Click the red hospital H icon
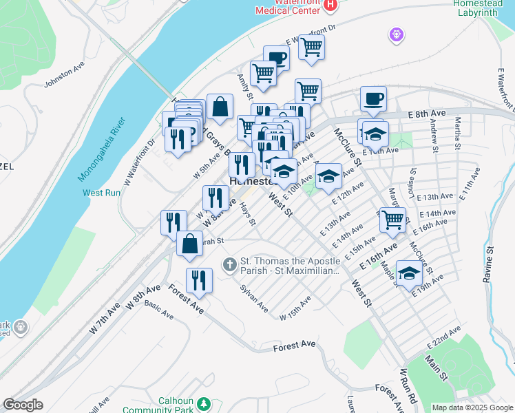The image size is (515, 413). point(330,5)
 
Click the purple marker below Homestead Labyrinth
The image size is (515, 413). point(396,33)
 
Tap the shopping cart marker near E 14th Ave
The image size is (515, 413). point(392,220)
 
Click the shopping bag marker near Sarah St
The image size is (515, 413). point(189,244)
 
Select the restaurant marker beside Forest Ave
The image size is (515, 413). point(199,280)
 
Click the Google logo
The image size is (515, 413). point(23,404)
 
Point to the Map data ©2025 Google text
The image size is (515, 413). point(472,407)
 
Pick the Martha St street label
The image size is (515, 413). point(456,132)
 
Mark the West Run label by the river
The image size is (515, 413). point(101,193)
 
